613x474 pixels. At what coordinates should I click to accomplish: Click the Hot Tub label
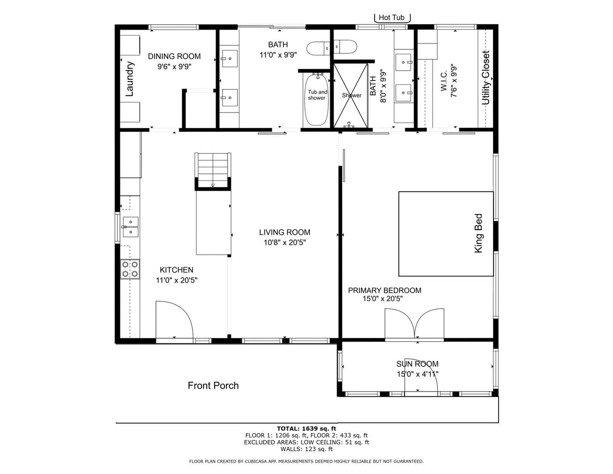point(391,17)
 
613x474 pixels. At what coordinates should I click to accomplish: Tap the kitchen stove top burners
point(130,269)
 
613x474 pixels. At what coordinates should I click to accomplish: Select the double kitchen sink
point(130,227)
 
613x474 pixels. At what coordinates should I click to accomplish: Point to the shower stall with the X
point(350,95)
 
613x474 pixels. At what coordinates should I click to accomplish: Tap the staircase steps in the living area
point(213,170)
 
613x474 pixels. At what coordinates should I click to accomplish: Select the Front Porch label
point(213,386)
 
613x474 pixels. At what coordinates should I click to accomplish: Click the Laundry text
point(129,79)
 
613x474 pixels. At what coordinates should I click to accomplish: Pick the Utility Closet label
point(486,78)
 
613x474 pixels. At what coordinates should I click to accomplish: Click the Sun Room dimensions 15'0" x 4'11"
point(418,374)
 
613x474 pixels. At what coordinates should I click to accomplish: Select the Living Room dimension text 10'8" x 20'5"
point(285,242)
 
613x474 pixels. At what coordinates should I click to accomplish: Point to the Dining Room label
point(174,56)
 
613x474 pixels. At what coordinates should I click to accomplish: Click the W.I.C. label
point(444,81)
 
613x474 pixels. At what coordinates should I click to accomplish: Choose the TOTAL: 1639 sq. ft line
point(306,429)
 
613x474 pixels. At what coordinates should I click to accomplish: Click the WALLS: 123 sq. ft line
point(306,449)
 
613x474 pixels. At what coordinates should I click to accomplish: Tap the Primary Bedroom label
point(384,290)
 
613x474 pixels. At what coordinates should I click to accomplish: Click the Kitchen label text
point(177,270)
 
